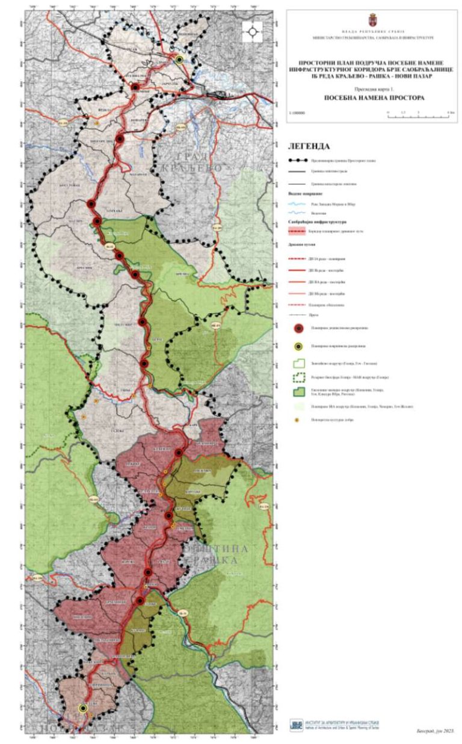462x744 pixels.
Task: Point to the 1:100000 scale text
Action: coord(297,113)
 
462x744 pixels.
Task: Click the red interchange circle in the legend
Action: coord(298,328)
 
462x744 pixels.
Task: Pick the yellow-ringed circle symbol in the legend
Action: coord(298,347)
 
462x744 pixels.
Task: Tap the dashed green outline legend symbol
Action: coord(298,377)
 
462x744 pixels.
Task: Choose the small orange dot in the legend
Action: coord(298,420)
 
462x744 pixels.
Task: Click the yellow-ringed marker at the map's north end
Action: coord(179,60)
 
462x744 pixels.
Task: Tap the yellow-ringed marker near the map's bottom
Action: coord(83,708)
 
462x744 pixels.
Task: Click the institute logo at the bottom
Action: coord(296,725)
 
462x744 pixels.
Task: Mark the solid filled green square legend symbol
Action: coord(298,391)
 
